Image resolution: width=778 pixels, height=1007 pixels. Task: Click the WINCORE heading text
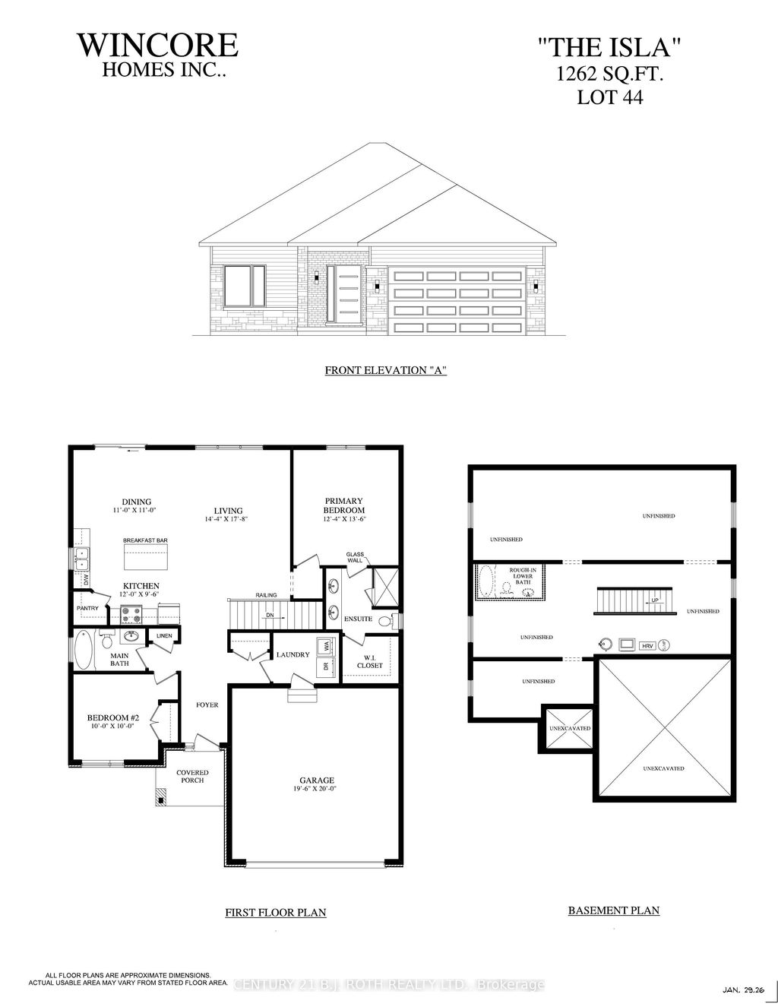(x=158, y=45)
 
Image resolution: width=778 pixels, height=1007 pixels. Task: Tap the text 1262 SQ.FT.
(x=605, y=74)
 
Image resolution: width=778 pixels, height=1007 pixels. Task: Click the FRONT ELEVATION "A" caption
(x=384, y=371)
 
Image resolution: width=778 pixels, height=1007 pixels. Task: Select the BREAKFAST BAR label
(x=145, y=540)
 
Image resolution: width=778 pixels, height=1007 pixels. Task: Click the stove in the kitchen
(x=131, y=613)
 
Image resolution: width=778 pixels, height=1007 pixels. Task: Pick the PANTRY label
(x=88, y=609)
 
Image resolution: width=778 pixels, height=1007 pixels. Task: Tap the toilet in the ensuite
(x=385, y=621)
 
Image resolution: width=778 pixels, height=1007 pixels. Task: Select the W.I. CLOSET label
(x=369, y=661)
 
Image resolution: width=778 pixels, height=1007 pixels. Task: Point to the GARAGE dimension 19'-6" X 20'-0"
(x=316, y=789)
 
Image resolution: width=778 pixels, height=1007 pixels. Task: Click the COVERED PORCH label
(x=193, y=776)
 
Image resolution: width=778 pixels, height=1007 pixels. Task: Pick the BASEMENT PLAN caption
(x=613, y=910)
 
